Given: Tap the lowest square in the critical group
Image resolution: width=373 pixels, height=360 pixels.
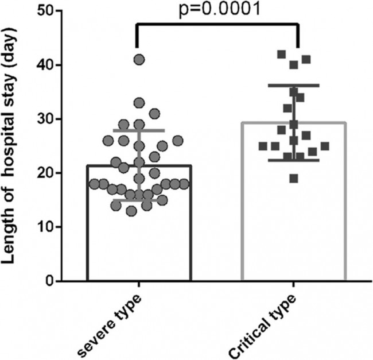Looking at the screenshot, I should click(294, 179).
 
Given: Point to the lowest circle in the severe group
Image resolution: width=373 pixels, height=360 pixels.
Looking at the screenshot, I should click(132, 211).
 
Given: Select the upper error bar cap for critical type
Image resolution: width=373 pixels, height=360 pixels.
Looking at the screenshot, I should click(294, 86).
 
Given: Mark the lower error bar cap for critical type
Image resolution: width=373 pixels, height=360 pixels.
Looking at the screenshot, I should click(294, 160).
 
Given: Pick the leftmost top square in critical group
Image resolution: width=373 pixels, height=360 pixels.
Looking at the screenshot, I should click(281, 55).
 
